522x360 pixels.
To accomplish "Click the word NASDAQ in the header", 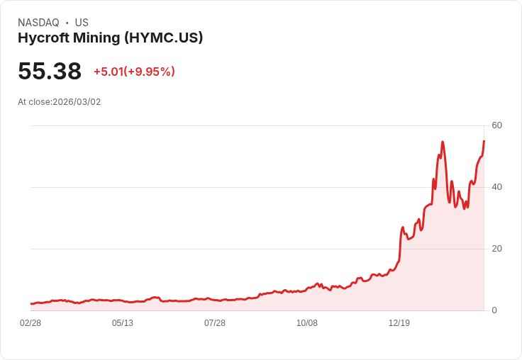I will click(38, 23).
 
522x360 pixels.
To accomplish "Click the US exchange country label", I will click(82, 23).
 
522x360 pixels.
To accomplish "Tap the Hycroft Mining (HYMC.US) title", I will click(110, 38).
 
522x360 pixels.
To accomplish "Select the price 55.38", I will click(50, 72).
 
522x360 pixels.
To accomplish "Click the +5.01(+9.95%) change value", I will click(134, 72).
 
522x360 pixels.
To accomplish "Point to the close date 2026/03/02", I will click(77, 102).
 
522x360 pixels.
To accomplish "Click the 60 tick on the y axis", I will click(496, 125).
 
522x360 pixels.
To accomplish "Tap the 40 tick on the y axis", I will click(496, 187).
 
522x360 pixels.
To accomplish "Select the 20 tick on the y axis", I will click(496, 249).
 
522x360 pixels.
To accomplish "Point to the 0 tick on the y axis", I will click(494, 310).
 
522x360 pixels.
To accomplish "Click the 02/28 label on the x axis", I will click(30, 323).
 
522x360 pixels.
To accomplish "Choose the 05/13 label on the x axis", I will click(123, 323).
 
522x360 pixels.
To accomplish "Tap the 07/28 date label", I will click(215, 323).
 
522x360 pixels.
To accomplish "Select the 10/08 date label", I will click(307, 323).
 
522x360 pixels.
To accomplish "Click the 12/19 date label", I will click(399, 323).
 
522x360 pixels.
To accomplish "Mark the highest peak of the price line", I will click(443, 142).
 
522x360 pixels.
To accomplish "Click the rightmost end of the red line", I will click(484, 141).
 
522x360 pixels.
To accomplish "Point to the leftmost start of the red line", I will click(30, 303).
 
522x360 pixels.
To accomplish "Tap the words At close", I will click(34, 102).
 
